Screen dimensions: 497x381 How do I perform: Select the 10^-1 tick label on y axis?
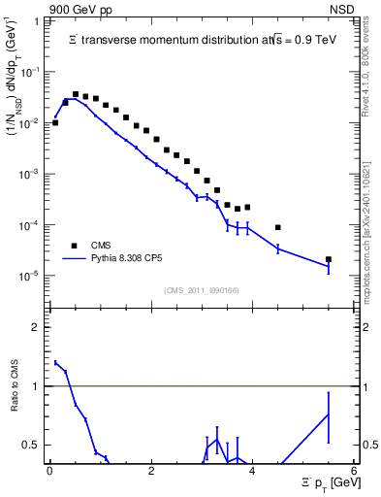(31, 73)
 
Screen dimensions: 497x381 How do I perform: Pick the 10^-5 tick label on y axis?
(31, 276)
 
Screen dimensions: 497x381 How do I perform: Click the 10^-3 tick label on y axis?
(31, 175)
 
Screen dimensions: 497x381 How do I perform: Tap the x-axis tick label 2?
(151, 471)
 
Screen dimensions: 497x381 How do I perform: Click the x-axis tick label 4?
(252, 471)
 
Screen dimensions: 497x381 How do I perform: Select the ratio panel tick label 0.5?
(31, 446)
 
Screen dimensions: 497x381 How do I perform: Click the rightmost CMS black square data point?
(329, 259)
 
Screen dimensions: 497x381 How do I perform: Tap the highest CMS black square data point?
(76, 94)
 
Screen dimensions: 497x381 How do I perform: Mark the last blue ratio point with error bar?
(329, 414)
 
